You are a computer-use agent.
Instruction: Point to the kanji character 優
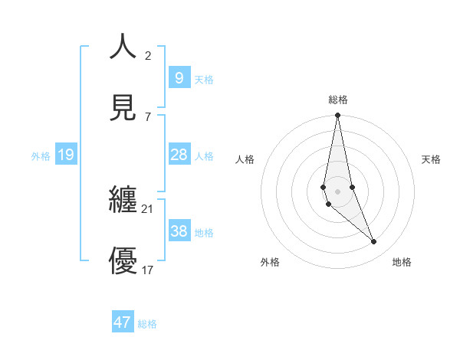pyautogui.click(x=123, y=260)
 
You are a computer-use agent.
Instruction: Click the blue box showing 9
pyautogui.click(x=179, y=77)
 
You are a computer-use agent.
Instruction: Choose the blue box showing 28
pyautogui.click(x=179, y=155)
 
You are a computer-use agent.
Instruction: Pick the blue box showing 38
pyautogui.click(x=179, y=231)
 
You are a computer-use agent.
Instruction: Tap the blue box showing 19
pyautogui.click(x=65, y=155)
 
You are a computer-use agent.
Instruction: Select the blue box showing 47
pyautogui.click(x=123, y=322)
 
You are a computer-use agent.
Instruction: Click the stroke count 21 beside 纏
pyautogui.click(x=149, y=208)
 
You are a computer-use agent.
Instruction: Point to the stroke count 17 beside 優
pyautogui.click(x=149, y=270)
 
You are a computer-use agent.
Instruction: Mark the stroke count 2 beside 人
pyautogui.click(x=148, y=55)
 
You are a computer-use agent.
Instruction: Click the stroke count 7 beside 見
pyautogui.click(x=148, y=116)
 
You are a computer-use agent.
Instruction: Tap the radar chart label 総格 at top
pyautogui.click(x=337, y=100)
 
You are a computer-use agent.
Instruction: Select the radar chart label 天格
pyautogui.click(x=431, y=159)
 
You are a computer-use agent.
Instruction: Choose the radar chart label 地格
pyautogui.click(x=402, y=262)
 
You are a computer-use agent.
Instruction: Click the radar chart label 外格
pyautogui.click(x=270, y=262)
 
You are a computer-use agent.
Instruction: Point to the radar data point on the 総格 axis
pyautogui.click(x=337, y=115)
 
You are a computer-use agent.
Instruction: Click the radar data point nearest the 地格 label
pyautogui.click(x=374, y=241)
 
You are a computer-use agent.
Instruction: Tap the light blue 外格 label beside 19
pyautogui.click(x=40, y=155)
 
